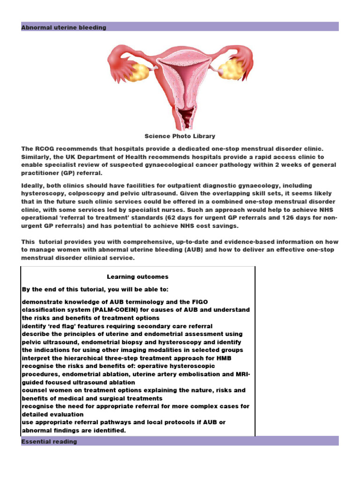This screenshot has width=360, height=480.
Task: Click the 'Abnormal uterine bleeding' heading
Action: (x=64, y=28)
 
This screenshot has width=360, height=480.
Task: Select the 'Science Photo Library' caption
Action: (x=180, y=136)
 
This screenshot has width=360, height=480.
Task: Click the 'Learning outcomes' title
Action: (x=137, y=277)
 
